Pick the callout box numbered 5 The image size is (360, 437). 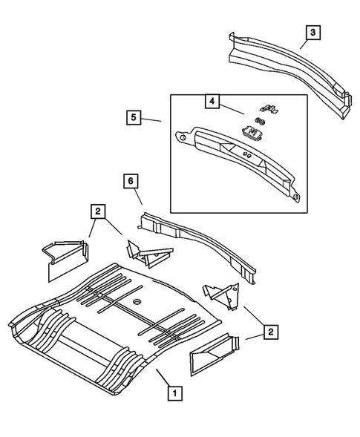pyautogui.click(x=134, y=117)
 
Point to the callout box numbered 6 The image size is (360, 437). pyautogui.click(x=131, y=180)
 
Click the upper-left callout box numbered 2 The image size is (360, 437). pyautogui.click(x=97, y=211)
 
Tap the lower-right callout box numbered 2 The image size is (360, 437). pyautogui.click(x=272, y=332)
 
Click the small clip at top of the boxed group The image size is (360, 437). pyautogui.click(x=272, y=110)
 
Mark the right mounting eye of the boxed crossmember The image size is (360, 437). pyautogui.click(x=295, y=197)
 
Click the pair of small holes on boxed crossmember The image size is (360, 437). pyautogui.click(x=247, y=157)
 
